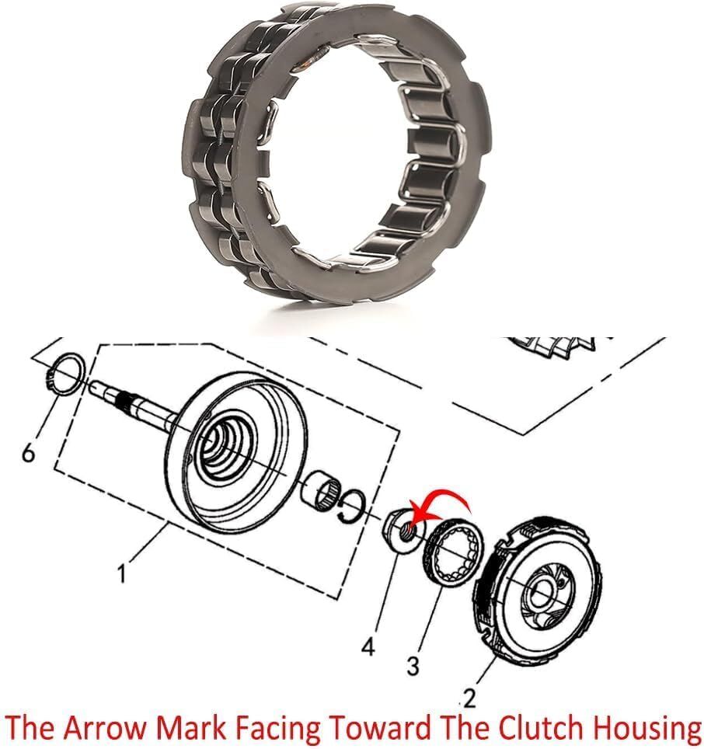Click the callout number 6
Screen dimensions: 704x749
(28, 452)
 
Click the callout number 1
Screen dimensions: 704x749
(123, 573)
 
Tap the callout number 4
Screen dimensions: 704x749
(368, 649)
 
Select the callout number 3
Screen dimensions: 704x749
(413, 665)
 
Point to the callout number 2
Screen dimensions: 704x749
(469, 699)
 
